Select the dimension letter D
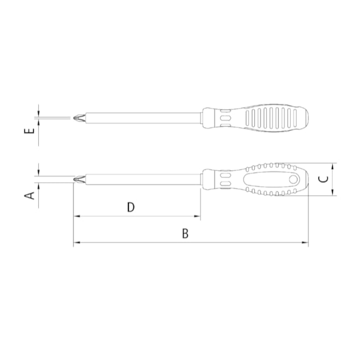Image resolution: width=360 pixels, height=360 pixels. pyautogui.click(x=131, y=207)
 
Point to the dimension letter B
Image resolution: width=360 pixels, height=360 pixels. pyautogui.click(x=186, y=233)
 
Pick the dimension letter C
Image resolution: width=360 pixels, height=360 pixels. pyautogui.click(x=326, y=179)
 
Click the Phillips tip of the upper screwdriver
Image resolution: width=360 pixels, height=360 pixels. pyautogui.click(x=77, y=117)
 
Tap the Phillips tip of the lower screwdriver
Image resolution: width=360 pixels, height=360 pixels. pyautogui.click(x=78, y=179)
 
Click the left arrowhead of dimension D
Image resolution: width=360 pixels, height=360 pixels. pyautogui.click(x=76, y=217)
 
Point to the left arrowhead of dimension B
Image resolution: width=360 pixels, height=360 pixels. pyautogui.click(x=76, y=243)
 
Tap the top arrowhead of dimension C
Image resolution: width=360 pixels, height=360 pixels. pyautogui.click(x=333, y=166)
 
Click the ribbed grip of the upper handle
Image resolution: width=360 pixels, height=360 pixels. pyautogui.click(x=271, y=117)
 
